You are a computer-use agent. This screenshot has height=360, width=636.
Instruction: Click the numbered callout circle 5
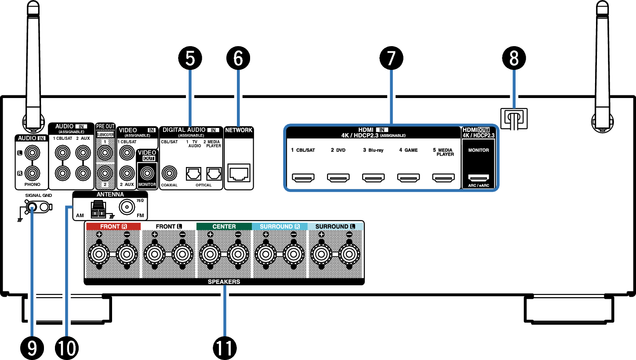click(x=190, y=58)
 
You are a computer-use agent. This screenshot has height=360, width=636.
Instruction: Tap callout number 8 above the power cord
click(x=514, y=58)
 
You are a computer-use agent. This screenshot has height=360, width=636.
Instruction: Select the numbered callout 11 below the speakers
click(x=225, y=348)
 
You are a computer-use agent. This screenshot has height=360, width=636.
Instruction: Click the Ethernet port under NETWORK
click(x=239, y=173)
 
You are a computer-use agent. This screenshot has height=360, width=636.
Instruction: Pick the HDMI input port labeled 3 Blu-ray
click(x=373, y=178)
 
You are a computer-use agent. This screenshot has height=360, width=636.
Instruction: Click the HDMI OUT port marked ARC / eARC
click(x=478, y=178)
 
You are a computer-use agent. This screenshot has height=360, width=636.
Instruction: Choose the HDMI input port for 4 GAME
click(x=408, y=178)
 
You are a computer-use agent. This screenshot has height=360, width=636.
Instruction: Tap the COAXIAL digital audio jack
click(x=169, y=173)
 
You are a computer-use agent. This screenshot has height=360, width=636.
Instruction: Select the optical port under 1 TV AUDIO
click(x=193, y=174)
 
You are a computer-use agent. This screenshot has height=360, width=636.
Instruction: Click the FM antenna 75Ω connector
click(x=127, y=207)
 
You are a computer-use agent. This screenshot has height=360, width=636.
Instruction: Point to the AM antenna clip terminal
click(x=98, y=210)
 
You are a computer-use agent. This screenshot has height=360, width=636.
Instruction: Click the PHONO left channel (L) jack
click(x=32, y=153)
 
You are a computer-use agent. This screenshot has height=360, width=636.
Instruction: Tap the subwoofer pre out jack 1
click(x=105, y=153)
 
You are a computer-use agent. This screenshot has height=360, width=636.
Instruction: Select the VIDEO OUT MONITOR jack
click(x=147, y=173)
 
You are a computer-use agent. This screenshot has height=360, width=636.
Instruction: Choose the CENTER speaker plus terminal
click(x=210, y=254)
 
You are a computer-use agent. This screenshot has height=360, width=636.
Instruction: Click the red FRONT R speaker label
click(x=113, y=226)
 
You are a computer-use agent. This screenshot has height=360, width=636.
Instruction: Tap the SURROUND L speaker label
click(x=335, y=226)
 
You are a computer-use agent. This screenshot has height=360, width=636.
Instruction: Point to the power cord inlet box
click(x=514, y=118)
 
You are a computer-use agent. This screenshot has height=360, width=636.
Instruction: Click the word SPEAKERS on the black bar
click(x=224, y=282)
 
